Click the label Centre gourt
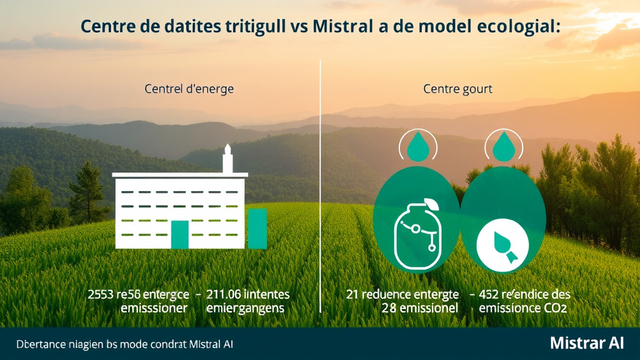pyautogui.click(x=457, y=89)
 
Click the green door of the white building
pyautogui.click(x=180, y=234)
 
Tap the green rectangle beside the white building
pyautogui.click(x=257, y=229)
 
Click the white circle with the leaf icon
pyautogui.click(x=502, y=246)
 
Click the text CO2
pyautogui.click(x=559, y=308)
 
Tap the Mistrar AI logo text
pyautogui.click(x=587, y=343)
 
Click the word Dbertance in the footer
pyautogui.click(x=38, y=344)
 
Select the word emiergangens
pyautogui.click(x=245, y=309)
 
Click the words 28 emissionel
pyautogui.click(x=420, y=308)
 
